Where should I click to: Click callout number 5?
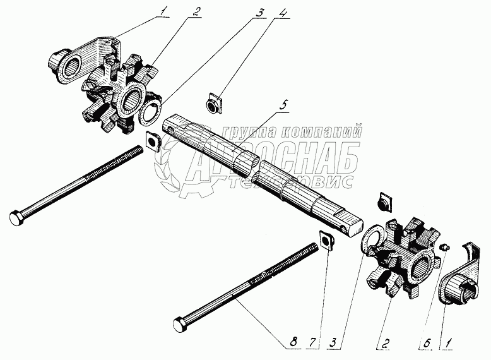283,105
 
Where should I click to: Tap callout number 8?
293,342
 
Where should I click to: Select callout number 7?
312,342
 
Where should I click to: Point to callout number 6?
427,342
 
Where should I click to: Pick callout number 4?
283,13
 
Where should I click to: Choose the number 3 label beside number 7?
333,342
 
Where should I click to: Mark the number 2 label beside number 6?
384,342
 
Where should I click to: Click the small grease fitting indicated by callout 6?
444,248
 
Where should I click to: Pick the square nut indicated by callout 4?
215,104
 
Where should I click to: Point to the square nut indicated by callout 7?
326,240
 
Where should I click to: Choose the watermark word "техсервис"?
291,182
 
